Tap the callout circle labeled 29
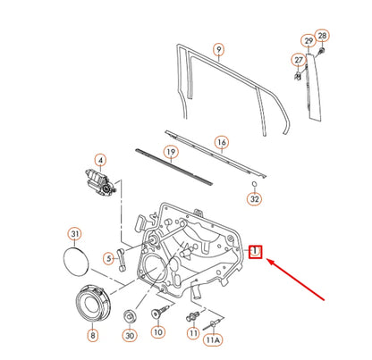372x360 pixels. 308,41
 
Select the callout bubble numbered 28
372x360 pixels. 322,36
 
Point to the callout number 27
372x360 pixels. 299,60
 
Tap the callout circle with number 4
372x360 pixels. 101,162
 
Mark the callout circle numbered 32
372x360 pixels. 254,200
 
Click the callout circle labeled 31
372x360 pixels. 75,235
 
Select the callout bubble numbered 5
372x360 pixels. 107,260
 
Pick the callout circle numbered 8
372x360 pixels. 91,336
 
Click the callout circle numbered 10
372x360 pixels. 157,332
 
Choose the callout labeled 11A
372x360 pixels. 212,340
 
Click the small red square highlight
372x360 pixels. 255,252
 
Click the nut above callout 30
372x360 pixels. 131,314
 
